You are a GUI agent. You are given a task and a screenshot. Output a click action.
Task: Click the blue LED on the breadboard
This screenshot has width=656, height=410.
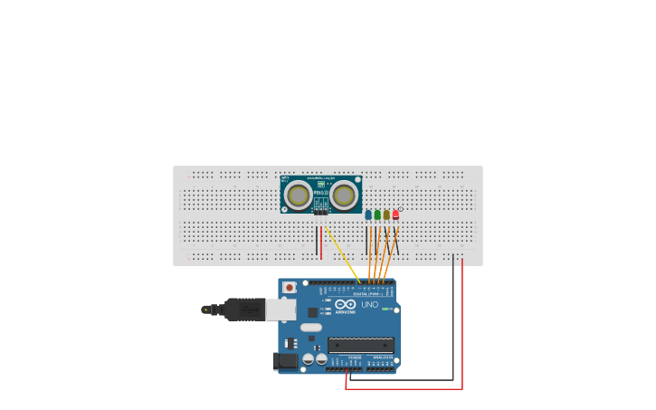[x=368, y=215]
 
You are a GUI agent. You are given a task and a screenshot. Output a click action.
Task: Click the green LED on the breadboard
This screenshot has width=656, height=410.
[x=377, y=215]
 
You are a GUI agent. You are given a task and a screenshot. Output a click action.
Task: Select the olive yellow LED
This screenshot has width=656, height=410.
[x=386, y=215]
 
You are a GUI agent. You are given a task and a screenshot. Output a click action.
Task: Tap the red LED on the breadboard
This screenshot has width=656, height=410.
[x=395, y=215]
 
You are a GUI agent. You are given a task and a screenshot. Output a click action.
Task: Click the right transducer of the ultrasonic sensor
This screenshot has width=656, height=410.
[x=344, y=194]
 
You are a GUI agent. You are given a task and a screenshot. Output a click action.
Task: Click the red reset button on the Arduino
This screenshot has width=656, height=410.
[x=289, y=288]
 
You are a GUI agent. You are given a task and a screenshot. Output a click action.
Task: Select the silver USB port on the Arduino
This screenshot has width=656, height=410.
[x=281, y=310]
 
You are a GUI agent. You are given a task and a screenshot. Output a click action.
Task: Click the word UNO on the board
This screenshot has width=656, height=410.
[x=370, y=305]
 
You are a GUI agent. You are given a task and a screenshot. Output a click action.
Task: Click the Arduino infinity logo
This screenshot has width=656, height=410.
[x=345, y=304]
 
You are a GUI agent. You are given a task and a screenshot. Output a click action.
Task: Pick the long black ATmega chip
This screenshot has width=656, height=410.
[x=360, y=344]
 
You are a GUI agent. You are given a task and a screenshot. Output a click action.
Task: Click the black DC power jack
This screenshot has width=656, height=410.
[x=285, y=361]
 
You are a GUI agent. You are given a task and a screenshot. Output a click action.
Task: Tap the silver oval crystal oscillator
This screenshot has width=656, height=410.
[x=310, y=327]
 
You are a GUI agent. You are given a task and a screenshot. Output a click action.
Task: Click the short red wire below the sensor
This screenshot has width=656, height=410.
[x=321, y=243]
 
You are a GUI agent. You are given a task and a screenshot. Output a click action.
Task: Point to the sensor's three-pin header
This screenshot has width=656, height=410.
[x=322, y=210]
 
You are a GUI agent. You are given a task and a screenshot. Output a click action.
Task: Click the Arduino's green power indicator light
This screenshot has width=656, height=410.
[x=385, y=310]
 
